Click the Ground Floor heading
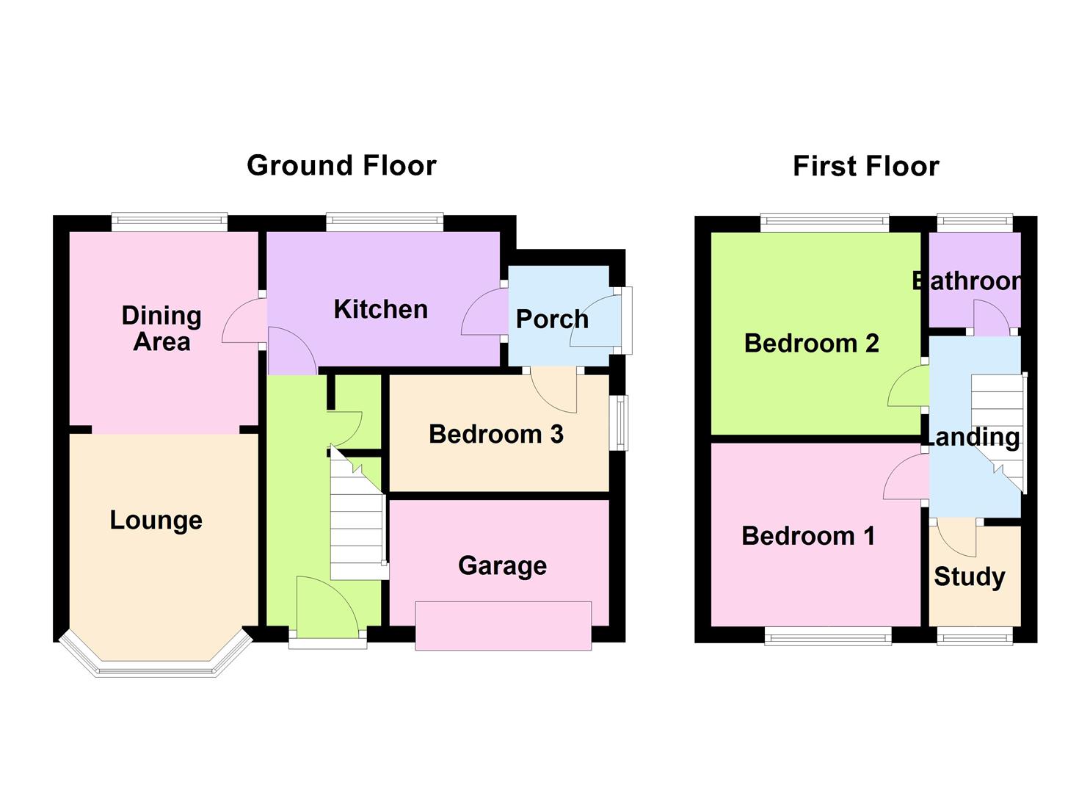click(x=341, y=165)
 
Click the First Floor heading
click(x=865, y=166)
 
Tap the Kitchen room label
click(x=380, y=309)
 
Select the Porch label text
click(x=552, y=319)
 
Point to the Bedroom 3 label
click(x=496, y=434)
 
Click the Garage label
click(x=502, y=565)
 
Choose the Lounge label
click(x=156, y=520)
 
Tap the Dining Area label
click(x=161, y=328)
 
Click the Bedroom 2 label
click(x=811, y=343)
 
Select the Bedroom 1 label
click(x=808, y=536)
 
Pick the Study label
click(x=969, y=576)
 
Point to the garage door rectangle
click(x=503, y=626)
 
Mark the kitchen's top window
click(x=385, y=222)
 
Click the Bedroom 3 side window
click(x=622, y=423)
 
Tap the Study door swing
click(x=956, y=536)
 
